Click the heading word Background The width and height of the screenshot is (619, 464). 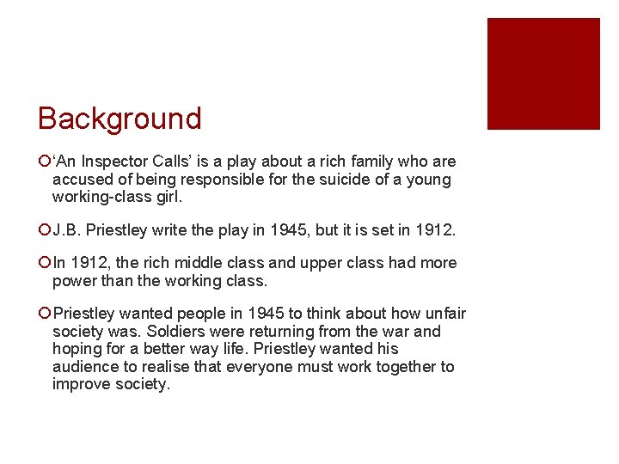pos(120,119)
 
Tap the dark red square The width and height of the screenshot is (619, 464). pos(543,74)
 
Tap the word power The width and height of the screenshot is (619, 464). pos(75,281)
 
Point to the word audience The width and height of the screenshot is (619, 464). pos(86,367)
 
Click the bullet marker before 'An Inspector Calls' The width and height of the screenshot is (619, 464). pos(44,162)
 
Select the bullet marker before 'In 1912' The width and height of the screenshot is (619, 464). pos(44,263)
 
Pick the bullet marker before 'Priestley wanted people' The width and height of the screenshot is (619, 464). pos(44,314)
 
